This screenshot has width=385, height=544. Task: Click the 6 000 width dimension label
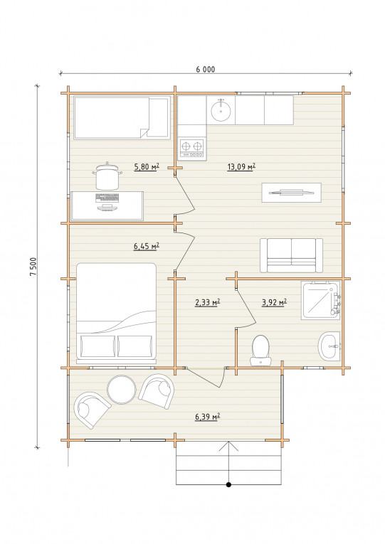205,70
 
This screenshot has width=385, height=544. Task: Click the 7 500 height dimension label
33,267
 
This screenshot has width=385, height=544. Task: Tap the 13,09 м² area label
241,167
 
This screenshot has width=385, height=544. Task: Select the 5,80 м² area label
147,167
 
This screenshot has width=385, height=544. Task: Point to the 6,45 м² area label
146,246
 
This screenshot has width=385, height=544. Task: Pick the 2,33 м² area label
207,302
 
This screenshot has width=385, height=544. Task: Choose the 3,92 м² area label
274,302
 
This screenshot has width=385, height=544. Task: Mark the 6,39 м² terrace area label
208,416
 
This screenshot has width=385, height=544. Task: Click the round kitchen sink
221,110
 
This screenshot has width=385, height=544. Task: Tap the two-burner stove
191,149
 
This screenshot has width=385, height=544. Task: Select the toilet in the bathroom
260,351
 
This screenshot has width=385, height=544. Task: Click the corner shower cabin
320,300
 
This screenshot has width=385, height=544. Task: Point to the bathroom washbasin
329,346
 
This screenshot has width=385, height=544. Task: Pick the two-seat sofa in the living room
291,255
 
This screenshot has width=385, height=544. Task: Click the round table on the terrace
122,390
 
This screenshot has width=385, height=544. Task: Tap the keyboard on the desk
107,198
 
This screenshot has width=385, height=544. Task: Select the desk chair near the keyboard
107,176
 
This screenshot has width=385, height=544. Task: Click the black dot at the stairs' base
228,485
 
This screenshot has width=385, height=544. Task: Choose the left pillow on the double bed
97,346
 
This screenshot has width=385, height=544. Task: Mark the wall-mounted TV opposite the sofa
291,192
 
